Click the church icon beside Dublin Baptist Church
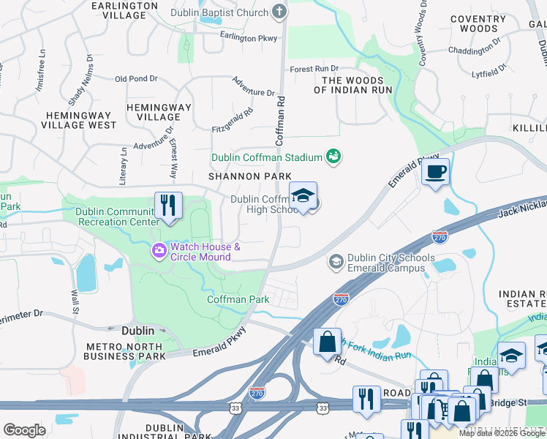coord(279,12)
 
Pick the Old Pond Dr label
coord(136,79)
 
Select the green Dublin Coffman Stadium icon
coord(333,157)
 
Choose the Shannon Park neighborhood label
coord(249,176)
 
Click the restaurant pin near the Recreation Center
coord(168,204)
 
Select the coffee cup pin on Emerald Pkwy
coord(435,172)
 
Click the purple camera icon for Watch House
coord(159,252)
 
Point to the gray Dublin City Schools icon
coord(336,262)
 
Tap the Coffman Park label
coord(238,299)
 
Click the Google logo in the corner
coord(24,430)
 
